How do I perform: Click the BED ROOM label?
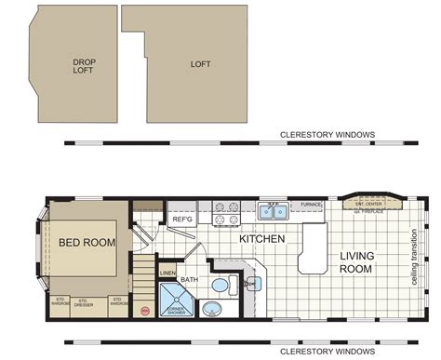87,243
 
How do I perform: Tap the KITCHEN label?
261,239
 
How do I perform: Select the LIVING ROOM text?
355,262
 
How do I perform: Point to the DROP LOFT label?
84,66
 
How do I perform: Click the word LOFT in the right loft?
200,65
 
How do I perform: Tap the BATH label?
190,279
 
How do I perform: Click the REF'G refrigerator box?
181,220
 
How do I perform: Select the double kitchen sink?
273,211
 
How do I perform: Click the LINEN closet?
167,273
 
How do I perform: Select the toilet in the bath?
220,286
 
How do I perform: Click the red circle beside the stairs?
144,308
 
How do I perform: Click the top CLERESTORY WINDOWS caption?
327,135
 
